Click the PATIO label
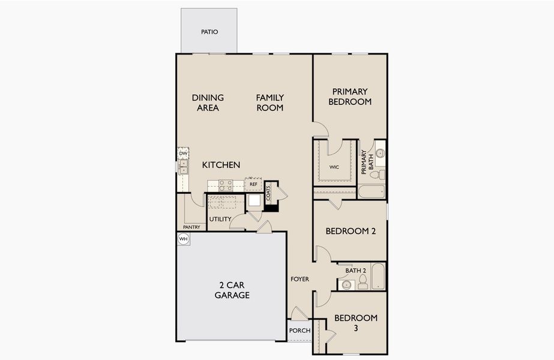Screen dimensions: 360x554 pyautogui.click(x=209, y=32)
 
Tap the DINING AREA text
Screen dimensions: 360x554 pyautogui.click(x=208, y=103)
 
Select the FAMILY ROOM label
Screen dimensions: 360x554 pyautogui.click(x=269, y=103)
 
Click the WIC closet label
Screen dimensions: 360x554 pyautogui.click(x=334, y=167)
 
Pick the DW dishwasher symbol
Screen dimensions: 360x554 pyautogui.click(x=183, y=154)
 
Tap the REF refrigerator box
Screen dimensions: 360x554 pyautogui.click(x=253, y=185)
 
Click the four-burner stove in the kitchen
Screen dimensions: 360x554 pyautogui.click(x=226, y=185)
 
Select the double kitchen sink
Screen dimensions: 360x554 pyautogui.click(x=183, y=166)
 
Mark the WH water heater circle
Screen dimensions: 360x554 pyautogui.click(x=184, y=239)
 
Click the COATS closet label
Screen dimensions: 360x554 pyautogui.click(x=268, y=193)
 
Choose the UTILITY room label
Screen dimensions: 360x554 pyautogui.click(x=220, y=219)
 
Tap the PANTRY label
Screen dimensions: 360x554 pyautogui.click(x=191, y=227)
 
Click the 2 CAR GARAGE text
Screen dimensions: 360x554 pyautogui.click(x=232, y=290)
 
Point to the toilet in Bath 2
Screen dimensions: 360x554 pyautogui.click(x=363, y=283)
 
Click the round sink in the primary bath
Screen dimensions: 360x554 pyautogui.click(x=380, y=154)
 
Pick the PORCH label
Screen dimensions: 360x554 pyautogui.click(x=300, y=331)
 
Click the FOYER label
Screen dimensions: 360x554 pyautogui.click(x=300, y=279)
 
